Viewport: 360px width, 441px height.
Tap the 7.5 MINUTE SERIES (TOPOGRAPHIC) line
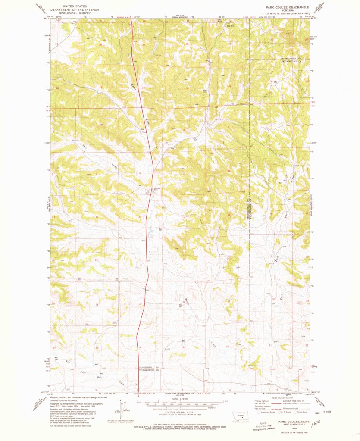pos(288,13)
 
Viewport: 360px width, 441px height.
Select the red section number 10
pos(139,173)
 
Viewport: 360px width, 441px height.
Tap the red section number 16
pos(97,216)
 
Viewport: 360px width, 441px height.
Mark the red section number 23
pos(184,259)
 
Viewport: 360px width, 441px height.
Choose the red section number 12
pos(229,172)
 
